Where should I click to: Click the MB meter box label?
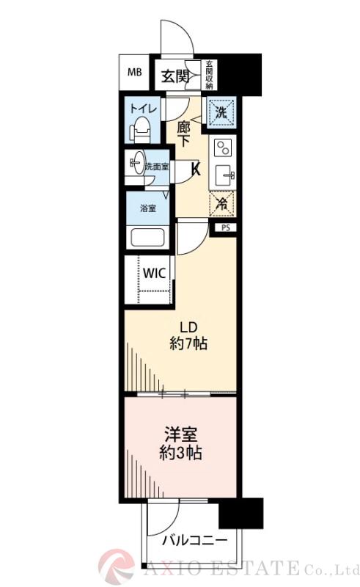[x=135, y=72]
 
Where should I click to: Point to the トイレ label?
[x=139, y=109]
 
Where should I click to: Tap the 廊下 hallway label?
[x=184, y=132]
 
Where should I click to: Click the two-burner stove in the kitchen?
[x=221, y=149]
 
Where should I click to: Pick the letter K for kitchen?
[x=196, y=169]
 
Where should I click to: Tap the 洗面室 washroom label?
[x=156, y=167]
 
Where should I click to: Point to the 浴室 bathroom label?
[x=148, y=208]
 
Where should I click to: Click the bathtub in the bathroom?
[x=148, y=238]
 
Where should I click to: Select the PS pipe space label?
[x=225, y=228]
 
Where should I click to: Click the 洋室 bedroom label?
[x=180, y=433]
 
